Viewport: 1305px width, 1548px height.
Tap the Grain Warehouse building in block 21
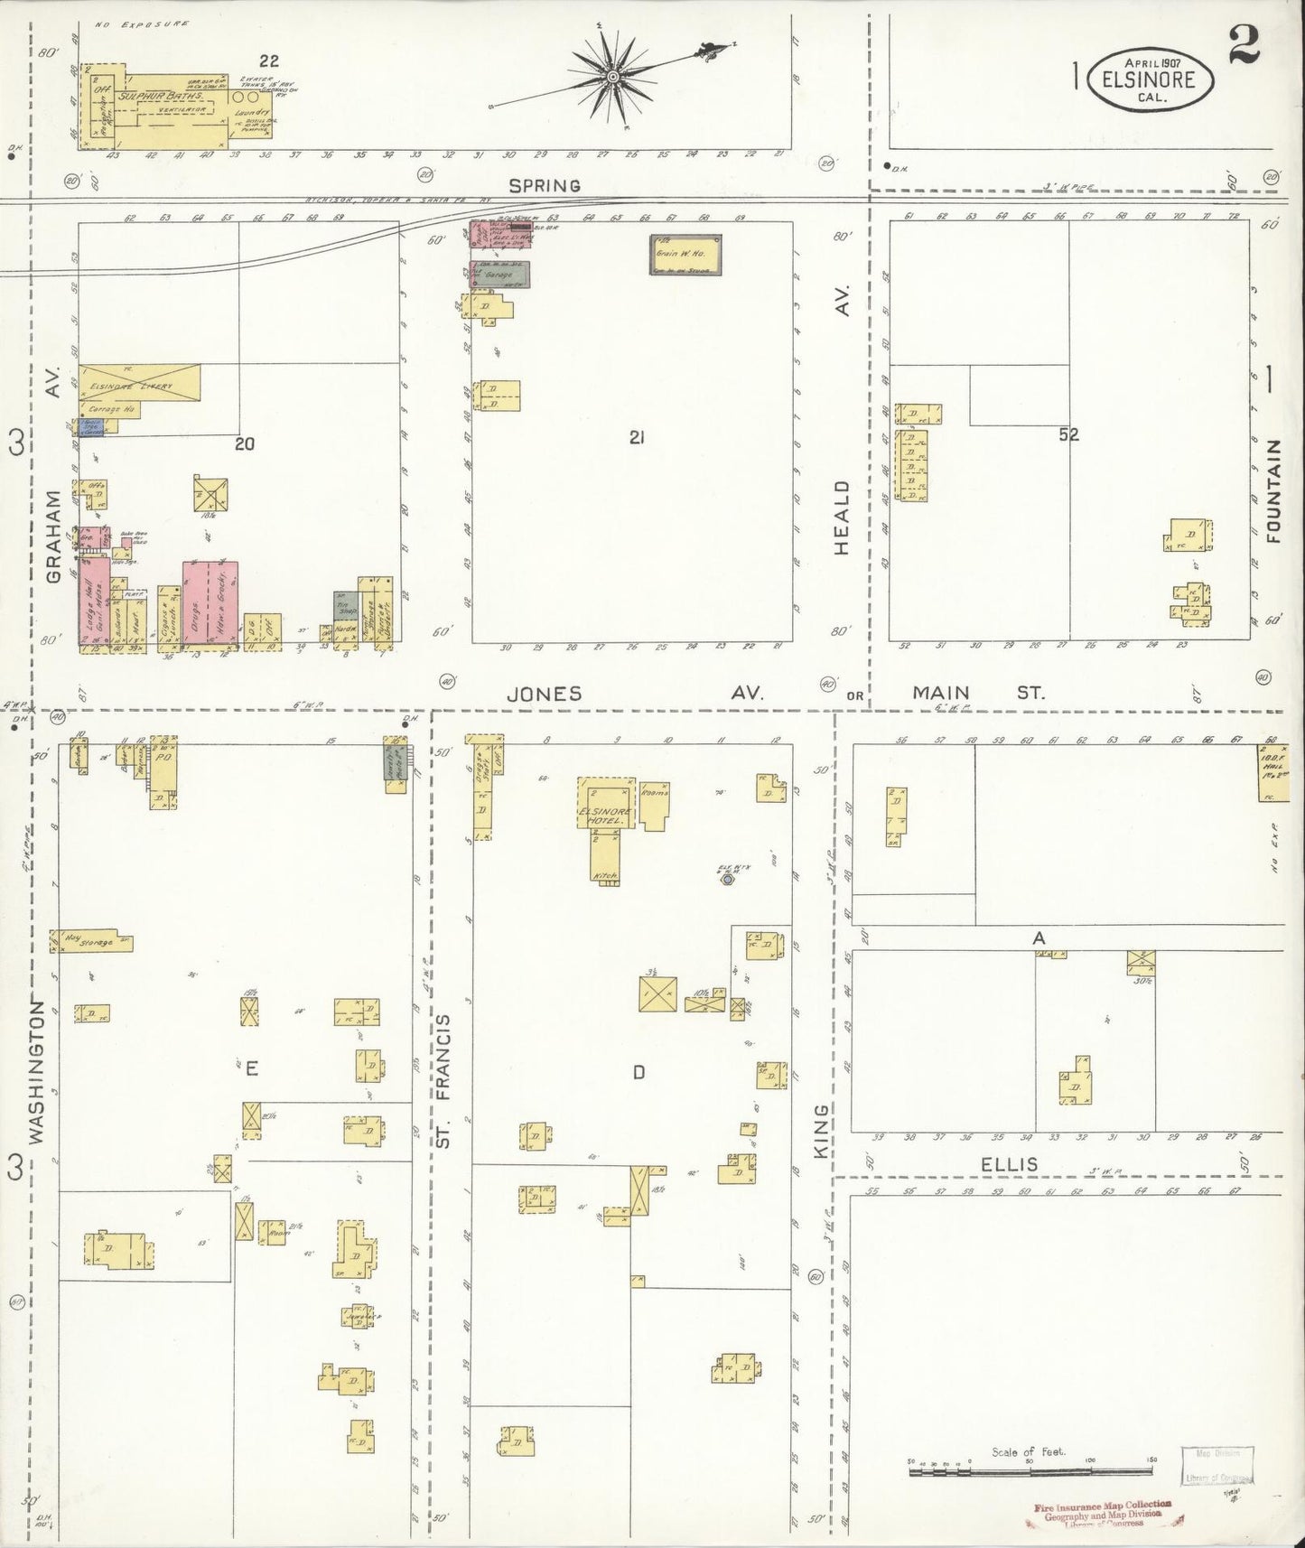pos(686,255)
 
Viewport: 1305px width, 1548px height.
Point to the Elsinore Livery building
pos(139,384)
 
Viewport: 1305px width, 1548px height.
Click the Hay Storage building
pos(91,941)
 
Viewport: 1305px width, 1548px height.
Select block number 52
pos(1069,435)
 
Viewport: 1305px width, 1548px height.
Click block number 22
pos(268,61)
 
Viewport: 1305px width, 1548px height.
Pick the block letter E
pos(251,1069)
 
